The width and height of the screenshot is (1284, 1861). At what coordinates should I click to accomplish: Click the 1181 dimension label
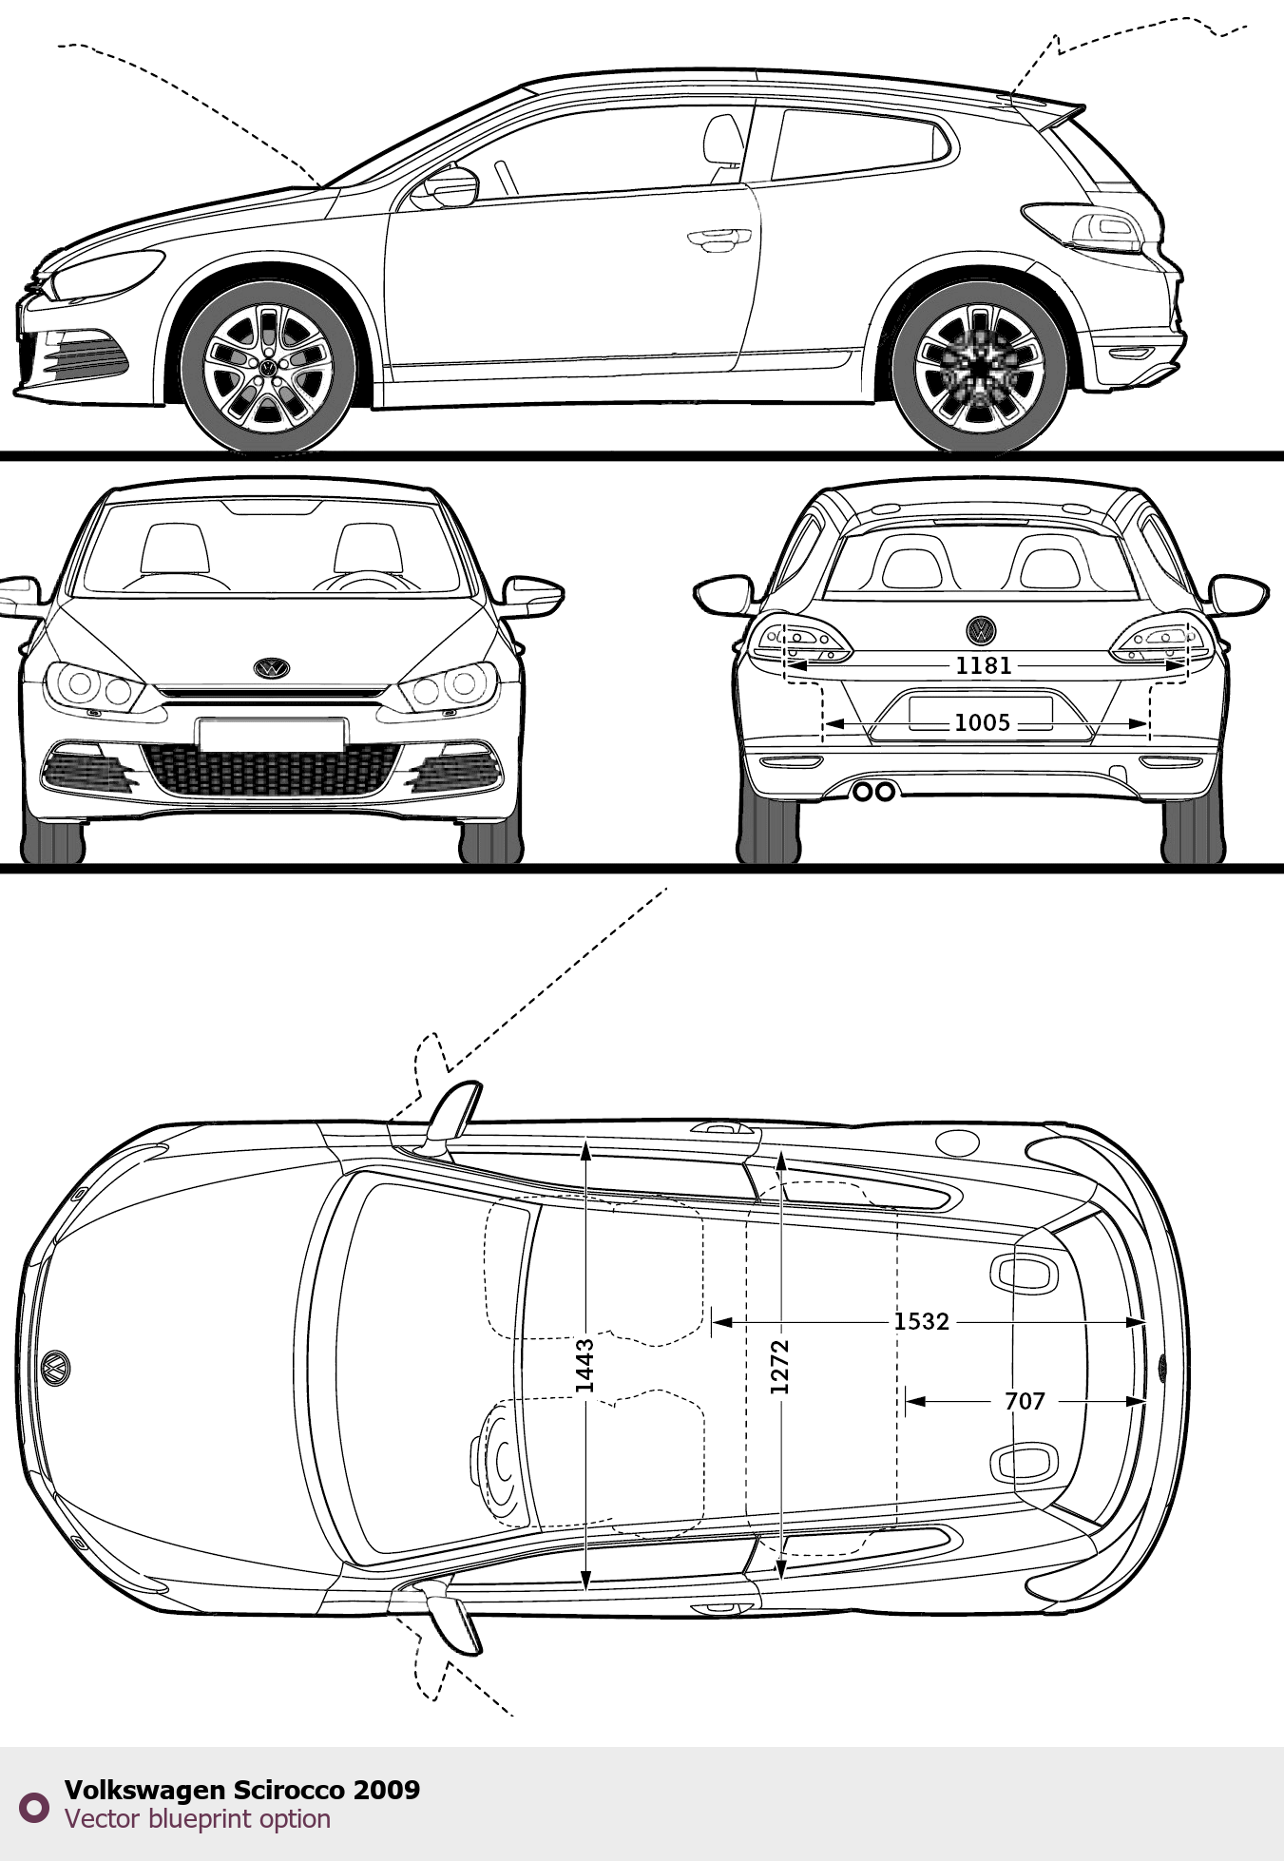point(983,665)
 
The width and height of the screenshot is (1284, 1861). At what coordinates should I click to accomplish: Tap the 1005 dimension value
point(982,723)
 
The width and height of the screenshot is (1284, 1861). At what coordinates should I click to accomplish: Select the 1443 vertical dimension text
point(585,1366)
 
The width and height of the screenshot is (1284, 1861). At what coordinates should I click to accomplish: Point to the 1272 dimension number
point(780,1367)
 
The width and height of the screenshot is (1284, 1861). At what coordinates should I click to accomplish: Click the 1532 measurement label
point(921,1321)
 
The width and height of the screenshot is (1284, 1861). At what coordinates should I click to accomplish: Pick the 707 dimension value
point(1025,1401)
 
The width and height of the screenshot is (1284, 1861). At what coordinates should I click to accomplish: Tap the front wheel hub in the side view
point(269,367)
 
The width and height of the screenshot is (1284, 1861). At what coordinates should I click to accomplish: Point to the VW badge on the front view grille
point(272,668)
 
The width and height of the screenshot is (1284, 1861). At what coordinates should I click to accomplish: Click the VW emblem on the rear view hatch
point(981,629)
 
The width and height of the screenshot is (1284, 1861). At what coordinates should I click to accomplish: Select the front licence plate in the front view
point(272,735)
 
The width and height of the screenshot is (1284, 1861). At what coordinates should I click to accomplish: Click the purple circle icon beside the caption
point(34,1807)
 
